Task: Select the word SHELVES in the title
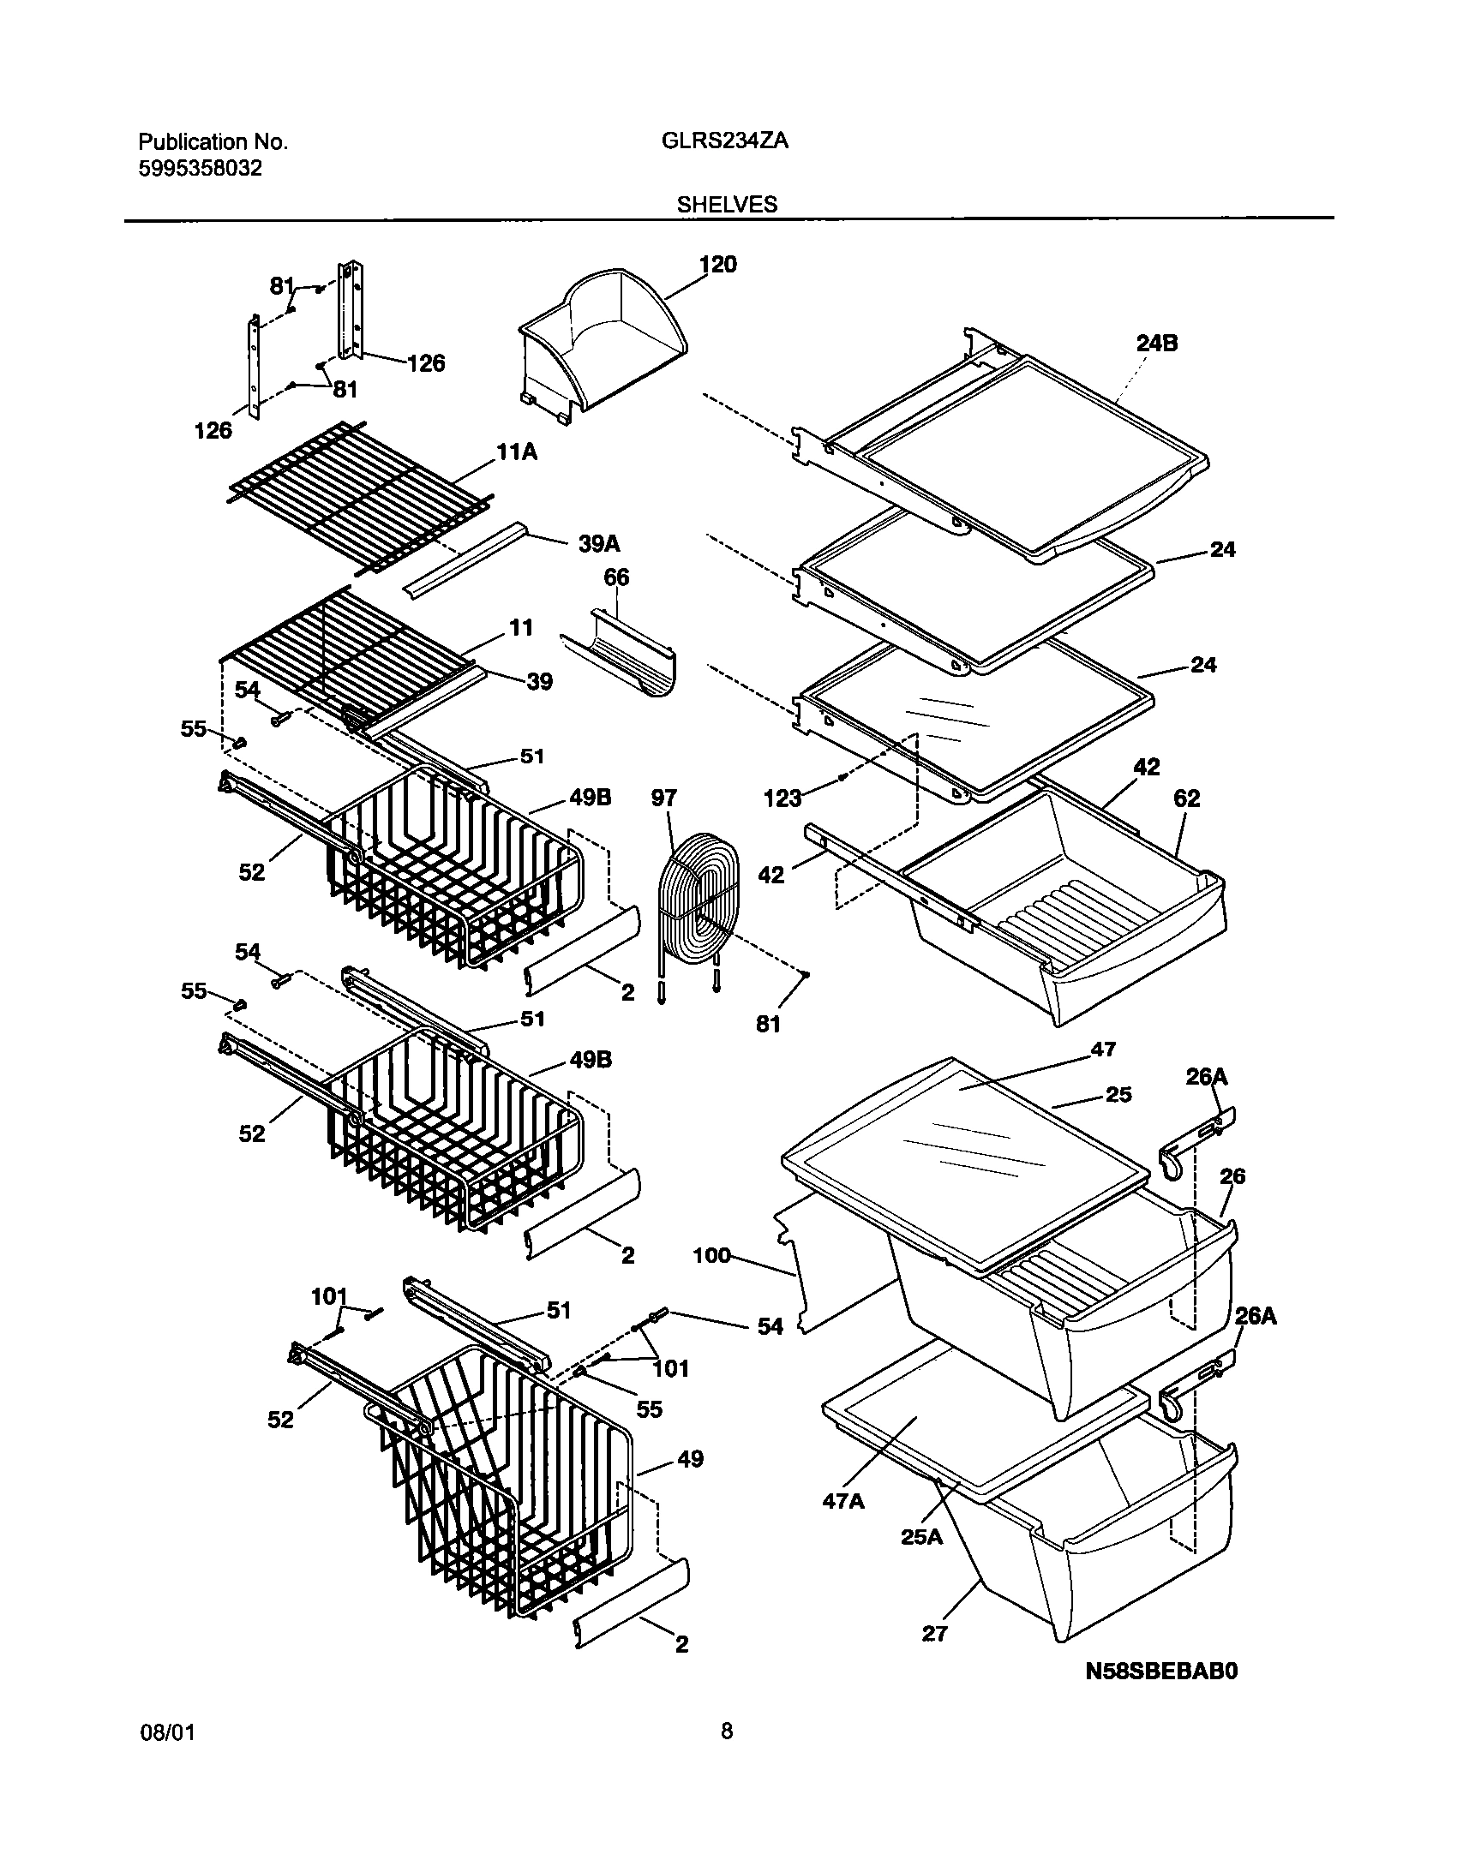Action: click(x=727, y=205)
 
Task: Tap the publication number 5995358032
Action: click(x=200, y=169)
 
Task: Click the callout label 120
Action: click(x=717, y=265)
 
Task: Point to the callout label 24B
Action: click(x=1156, y=344)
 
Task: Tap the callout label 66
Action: click(x=616, y=577)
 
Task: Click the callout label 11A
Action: click(x=517, y=452)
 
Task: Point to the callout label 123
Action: click(x=782, y=798)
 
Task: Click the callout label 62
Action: click(x=1187, y=798)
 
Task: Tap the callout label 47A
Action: click(x=843, y=1502)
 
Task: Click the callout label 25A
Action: click(x=921, y=1537)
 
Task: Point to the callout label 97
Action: click(x=663, y=798)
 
